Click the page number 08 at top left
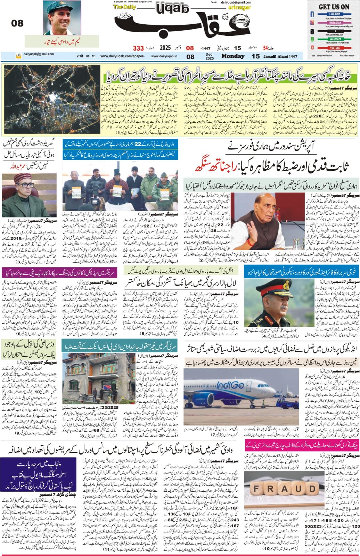pyautogui.click(x=17, y=23)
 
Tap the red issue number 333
pyautogui.click(x=138, y=48)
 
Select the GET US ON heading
pyautogui.click(x=334, y=7)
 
